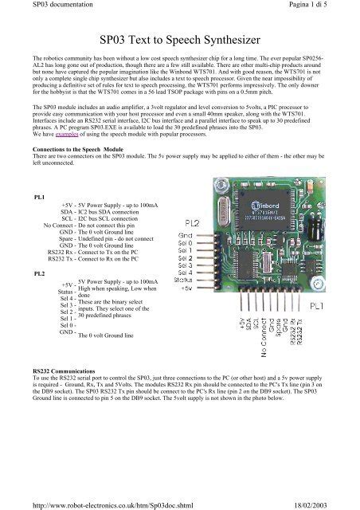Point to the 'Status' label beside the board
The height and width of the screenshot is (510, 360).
point(182,280)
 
